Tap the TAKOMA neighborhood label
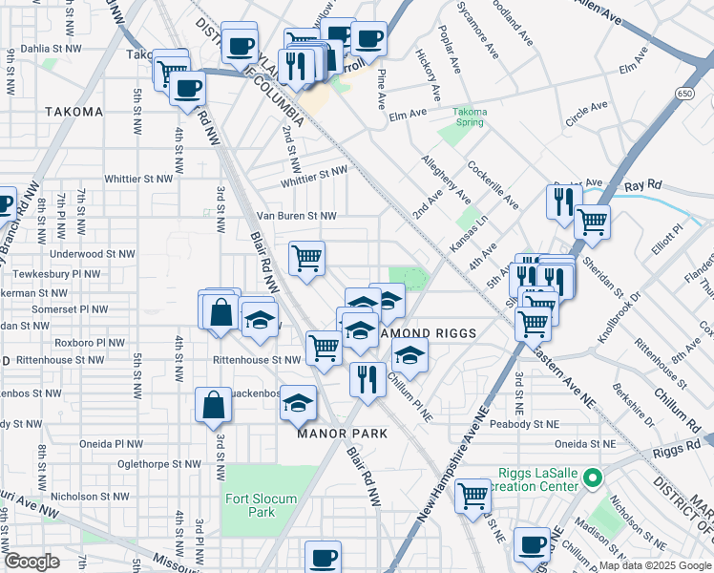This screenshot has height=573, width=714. pos(73,112)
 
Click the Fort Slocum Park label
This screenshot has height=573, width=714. pos(262,505)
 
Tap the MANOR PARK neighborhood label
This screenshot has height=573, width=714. pos(342,434)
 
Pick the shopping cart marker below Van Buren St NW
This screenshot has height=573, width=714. pos(307,258)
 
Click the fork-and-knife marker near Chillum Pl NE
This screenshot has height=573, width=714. pos(365,379)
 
